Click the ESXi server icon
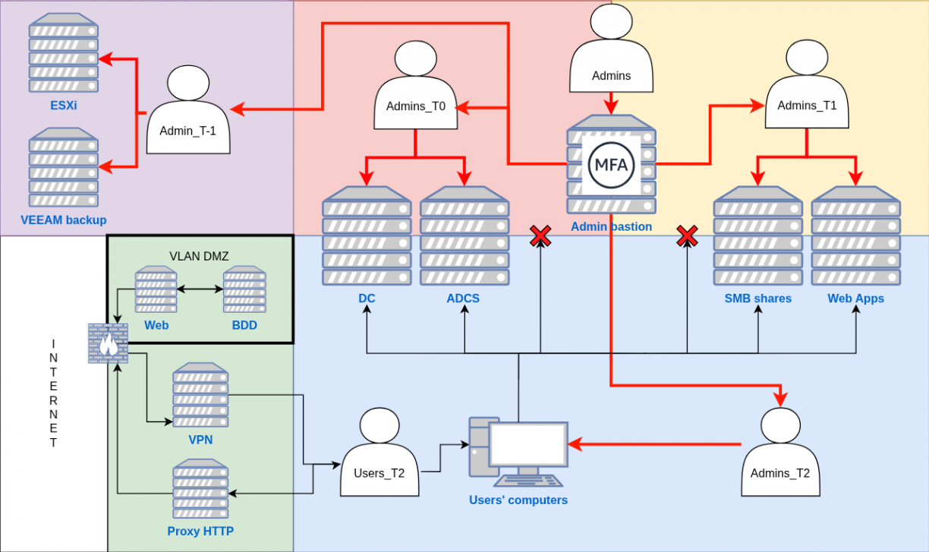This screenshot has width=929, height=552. coord(64,52)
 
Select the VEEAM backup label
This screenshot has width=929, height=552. coord(64,220)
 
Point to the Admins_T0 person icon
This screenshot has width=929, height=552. coord(415,87)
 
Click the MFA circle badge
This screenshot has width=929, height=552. coord(611,164)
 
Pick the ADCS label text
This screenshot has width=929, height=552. coord(463,298)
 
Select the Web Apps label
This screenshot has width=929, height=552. coord(855,298)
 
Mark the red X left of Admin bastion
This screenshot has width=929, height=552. coord(540,236)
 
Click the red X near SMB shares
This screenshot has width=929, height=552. coord(687,236)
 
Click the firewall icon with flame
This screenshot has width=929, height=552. coord(108,343)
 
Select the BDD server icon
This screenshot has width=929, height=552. coord(244,289)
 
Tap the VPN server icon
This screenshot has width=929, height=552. coord(200,395)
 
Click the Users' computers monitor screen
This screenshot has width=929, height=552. coord(527,445)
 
